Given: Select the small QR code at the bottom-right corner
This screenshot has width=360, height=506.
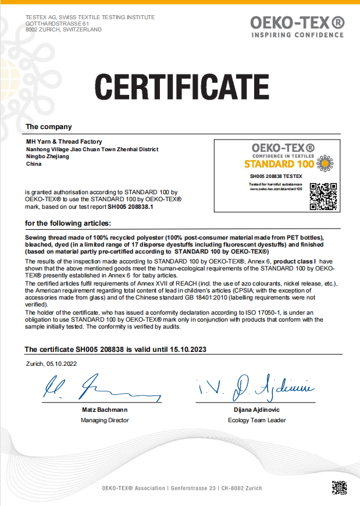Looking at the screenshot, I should point(340,487).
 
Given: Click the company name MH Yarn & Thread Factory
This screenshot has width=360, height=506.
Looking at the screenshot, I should point(64,141).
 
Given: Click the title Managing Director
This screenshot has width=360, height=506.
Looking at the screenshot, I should point(105,420).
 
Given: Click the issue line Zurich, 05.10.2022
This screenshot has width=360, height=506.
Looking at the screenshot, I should point(51,364).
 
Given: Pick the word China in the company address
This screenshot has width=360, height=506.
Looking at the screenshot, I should point(34,164).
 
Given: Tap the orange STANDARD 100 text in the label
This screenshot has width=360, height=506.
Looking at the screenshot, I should point(279,164).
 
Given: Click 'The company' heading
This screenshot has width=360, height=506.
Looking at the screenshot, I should point(49,127).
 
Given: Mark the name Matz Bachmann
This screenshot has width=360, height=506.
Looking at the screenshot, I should point(105,410).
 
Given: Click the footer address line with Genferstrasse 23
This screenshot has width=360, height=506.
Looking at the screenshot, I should point(181,488).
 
